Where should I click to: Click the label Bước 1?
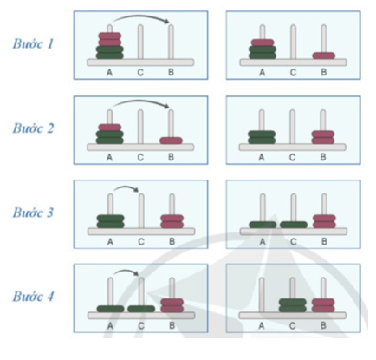pyautogui.click(x=33, y=43)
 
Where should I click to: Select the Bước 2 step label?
pyautogui.click(x=33, y=128)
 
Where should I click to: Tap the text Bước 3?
pyautogui.click(x=33, y=213)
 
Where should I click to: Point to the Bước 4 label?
pyautogui.click(x=33, y=297)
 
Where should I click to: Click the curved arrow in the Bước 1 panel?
pyautogui.click(x=141, y=15)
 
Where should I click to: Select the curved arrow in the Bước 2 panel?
pyautogui.click(x=141, y=101)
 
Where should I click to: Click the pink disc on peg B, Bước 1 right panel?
pyautogui.click(x=324, y=56)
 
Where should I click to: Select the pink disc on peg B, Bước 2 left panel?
pyautogui.click(x=172, y=141)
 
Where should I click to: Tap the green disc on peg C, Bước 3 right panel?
pyautogui.click(x=294, y=225)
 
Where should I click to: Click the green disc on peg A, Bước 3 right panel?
pyautogui.click(x=263, y=225)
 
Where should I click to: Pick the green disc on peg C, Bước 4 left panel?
pyautogui.click(x=141, y=309)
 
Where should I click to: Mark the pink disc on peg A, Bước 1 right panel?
pyautogui.click(x=263, y=43)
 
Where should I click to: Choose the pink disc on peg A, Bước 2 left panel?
pyautogui.click(x=110, y=128)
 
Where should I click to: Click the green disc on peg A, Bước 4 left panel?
pyautogui.click(x=110, y=309)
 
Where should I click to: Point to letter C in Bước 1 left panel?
pyautogui.click(x=140, y=72)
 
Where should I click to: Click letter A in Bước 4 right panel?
pyautogui.click(x=262, y=326)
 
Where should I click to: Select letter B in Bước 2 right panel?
pyautogui.click(x=323, y=157)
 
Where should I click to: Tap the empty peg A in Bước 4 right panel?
pyautogui.click(x=262, y=295)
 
